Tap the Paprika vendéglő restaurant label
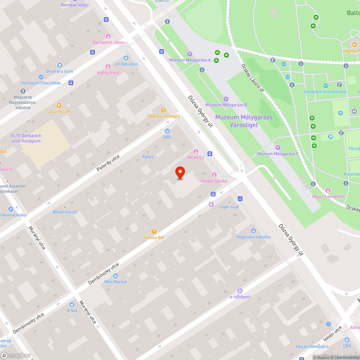[163, 116]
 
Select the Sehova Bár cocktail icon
[154, 231]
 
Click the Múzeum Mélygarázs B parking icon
[226, 99]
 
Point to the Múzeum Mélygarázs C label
[278, 154]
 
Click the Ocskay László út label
[253, 78]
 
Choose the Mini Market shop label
[116, 282]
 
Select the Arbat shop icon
[72, 305]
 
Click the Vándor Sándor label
[214, 181]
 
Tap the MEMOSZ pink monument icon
[196, 152]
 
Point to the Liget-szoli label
[229, 207]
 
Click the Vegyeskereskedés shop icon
[253, 231]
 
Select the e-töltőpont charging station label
[240, 297]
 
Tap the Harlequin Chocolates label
[41, 83]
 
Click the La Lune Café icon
[59, 105]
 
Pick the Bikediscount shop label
[65, 212]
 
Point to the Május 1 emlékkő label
[328, 196]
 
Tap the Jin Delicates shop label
[126, 64]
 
